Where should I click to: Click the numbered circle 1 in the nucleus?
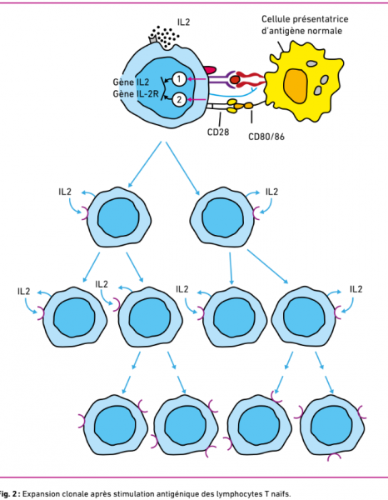point(179,79)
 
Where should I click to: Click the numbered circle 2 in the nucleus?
point(179,100)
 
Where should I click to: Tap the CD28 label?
point(218,132)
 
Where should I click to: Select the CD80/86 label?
point(266,137)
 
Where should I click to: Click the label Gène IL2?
point(131,82)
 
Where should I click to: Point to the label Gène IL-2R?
point(136,94)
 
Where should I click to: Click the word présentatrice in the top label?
point(321,19)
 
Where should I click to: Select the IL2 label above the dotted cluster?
point(183,22)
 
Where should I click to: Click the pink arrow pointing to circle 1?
point(196,79)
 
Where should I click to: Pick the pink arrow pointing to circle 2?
point(196,100)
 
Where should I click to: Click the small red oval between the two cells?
point(235,79)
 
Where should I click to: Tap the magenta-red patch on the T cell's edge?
point(210,69)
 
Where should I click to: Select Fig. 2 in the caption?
point(8,494)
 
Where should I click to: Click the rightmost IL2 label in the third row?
point(356,289)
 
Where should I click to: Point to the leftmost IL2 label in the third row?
point(24,292)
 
